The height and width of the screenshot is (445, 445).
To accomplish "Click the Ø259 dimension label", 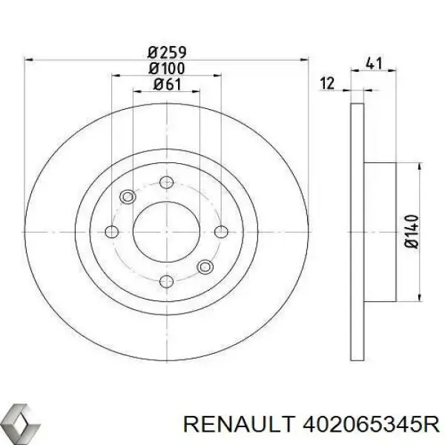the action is [167, 53].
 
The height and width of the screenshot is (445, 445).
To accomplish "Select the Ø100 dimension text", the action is [167, 68].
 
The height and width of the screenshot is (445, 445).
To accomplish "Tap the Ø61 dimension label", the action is [167, 85].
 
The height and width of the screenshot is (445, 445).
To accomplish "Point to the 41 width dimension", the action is [374, 63].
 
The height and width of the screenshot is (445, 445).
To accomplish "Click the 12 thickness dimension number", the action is [327, 83].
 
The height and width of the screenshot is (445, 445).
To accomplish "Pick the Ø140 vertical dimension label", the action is [412, 232].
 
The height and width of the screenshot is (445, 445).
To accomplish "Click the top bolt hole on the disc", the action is [167, 182].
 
